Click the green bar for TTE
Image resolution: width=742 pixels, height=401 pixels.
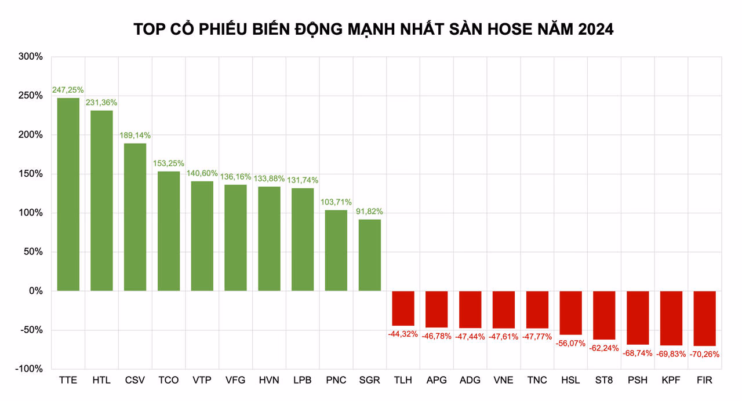pyautogui.click(x=68, y=194)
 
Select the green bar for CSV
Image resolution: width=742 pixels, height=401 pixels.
pyautogui.click(x=135, y=217)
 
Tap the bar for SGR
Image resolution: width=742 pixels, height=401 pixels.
pyautogui.click(x=370, y=255)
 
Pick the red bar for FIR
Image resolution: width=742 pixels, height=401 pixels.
pyautogui.click(x=705, y=318)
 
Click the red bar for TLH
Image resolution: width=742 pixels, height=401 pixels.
pyautogui.click(x=403, y=308)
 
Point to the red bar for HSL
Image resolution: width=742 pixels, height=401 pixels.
pyautogui.click(x=571, y=313)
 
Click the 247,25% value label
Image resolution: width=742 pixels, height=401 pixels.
pyautogui.click(x=68, y=90)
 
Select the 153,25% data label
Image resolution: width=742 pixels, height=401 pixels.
pyautogui.click(x=169, y=163)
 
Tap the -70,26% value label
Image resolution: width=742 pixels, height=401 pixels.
pyautogui.click(x=705, y=354)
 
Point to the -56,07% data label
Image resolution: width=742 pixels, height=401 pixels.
pyautogui.click(x=571, y=343)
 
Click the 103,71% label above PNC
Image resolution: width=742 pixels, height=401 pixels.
pyautogui.click(x=336, y=202)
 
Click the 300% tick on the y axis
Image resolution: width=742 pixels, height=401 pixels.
pyautogui.click(x=31, y=57)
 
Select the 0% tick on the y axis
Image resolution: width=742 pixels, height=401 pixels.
pyautogui.click(x=35, y=291)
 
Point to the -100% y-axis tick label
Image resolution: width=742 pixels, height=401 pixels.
pyautogui.click(x=28, y=369)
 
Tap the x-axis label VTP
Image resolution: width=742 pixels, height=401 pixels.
pyautogui.click(x=202, y=381)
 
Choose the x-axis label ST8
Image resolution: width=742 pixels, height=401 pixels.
pyautogui.click(x=604, y=381)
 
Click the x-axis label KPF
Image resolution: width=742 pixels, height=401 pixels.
pyautogui.click(x=671, y=381)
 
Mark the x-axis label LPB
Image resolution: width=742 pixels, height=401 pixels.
pyautogui.click(x=303, y=381)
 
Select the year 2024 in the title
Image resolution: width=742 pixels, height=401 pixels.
pyautogui.click(x=594, y=29)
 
